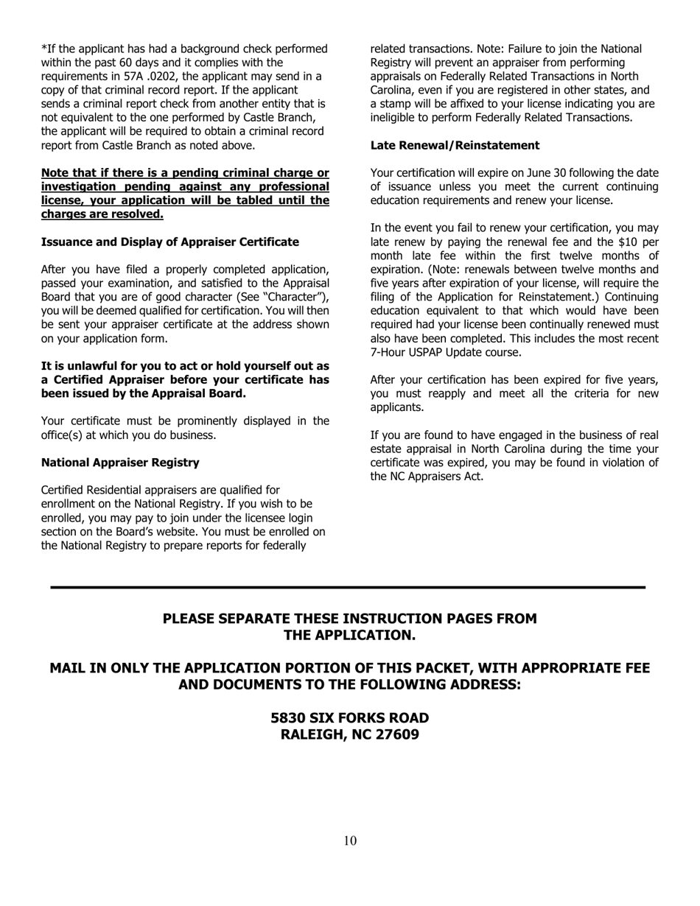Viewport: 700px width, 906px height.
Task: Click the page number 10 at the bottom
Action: pos(350,841)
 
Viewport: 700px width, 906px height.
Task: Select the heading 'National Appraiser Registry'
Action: pos(120,463)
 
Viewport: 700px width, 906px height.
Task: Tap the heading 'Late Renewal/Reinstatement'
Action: pos(455,145)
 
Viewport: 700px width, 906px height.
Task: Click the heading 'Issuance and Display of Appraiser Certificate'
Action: pos(170,242)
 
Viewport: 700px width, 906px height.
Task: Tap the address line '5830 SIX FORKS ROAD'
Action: pos(350,717)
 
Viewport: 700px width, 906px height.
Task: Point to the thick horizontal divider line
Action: pos(348,587)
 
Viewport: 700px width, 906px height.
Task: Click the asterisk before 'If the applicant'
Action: pos(43,49)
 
